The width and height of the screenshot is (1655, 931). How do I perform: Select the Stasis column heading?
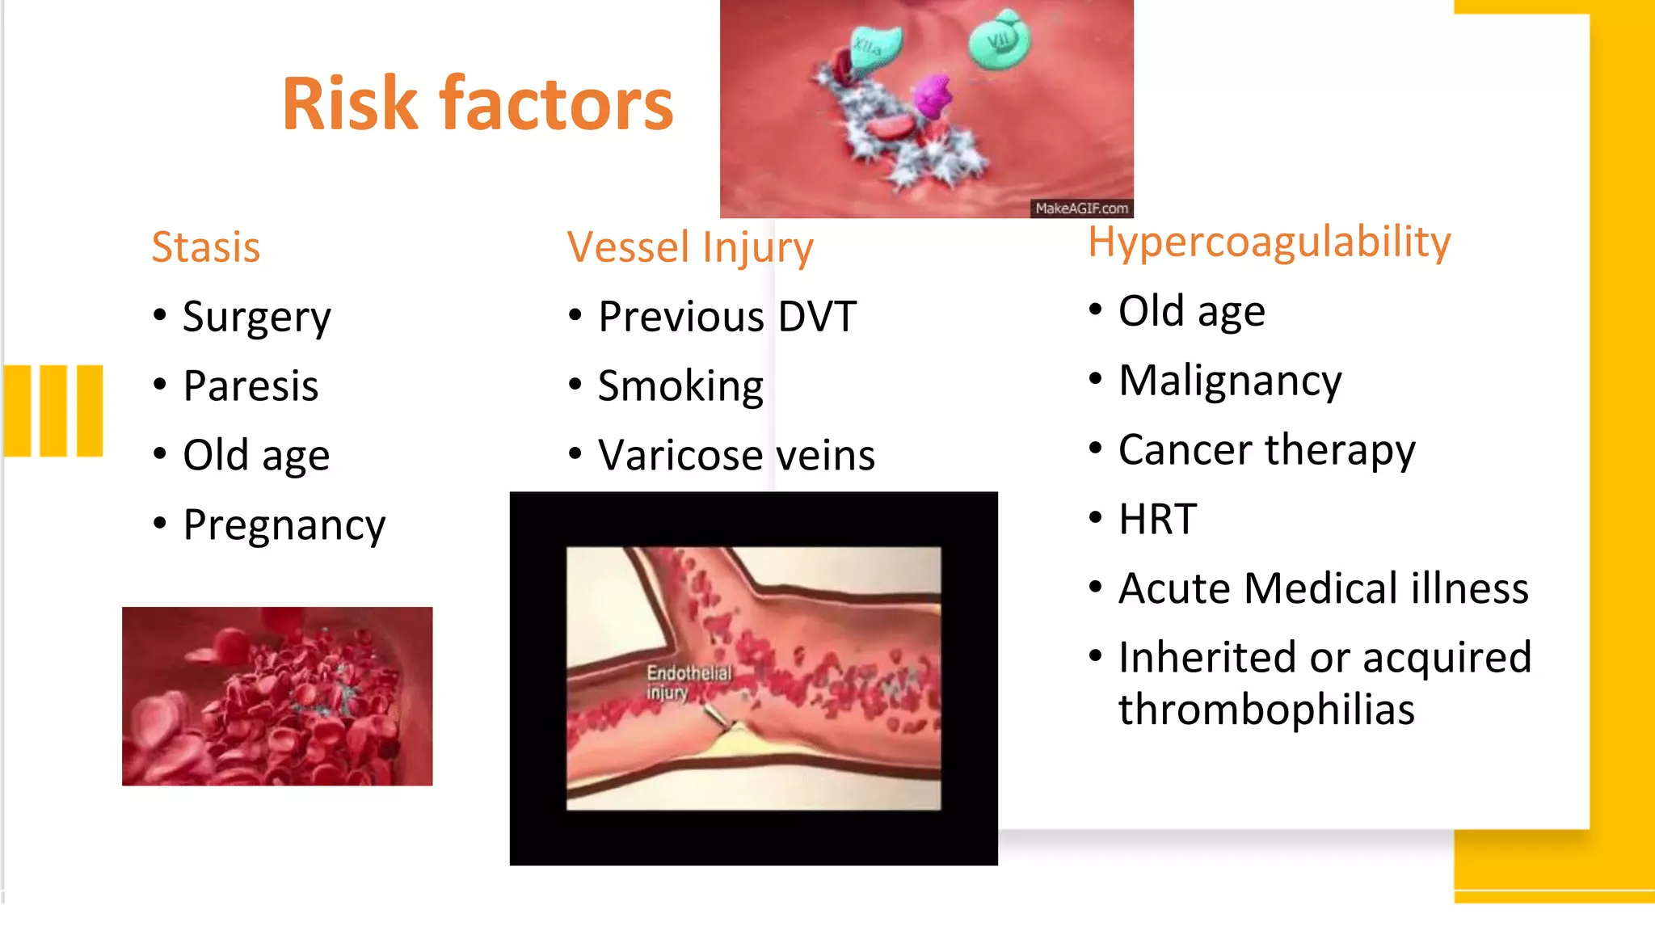[x=206, y=247]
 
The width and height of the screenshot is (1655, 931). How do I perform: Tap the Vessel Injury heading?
[x=689, y=247]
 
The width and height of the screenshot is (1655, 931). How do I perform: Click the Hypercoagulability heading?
[x=1269, y=242]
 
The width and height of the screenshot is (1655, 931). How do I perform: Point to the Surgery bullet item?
[x=256, y=317]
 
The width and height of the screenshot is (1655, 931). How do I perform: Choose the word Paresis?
[x=251, y=386]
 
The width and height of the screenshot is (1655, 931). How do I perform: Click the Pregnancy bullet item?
[x=284, y=525]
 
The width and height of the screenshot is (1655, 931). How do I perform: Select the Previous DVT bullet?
[x=726, y=317]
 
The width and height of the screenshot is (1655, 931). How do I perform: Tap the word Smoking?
[x=680, y=386]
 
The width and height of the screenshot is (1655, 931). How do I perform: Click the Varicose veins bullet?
[x=736, y=456]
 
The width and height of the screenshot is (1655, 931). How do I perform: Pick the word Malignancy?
[x=1229, y=381]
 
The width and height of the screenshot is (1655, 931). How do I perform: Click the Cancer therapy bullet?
[x=1266, y=450]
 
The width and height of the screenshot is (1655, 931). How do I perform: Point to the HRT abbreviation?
[x=1157, y=519]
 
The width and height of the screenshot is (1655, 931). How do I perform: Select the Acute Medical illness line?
[x=1323, y=588]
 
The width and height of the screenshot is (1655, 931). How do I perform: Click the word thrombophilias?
[x=1265, y=710]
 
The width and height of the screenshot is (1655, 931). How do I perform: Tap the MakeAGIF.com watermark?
[x=1081, y=209]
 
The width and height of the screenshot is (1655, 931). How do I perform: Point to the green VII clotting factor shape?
[x=1000, y=40]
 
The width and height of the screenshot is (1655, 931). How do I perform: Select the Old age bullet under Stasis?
[x=256, y=456]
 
